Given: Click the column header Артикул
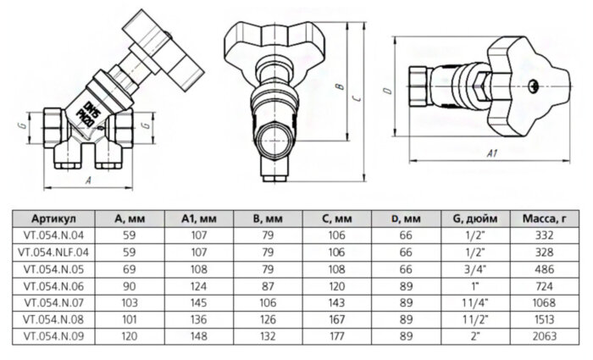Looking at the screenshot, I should (53, 219).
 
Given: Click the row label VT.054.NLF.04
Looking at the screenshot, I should (53, 252).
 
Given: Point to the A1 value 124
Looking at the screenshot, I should (196, 285).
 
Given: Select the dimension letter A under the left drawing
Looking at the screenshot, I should (88, 180).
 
